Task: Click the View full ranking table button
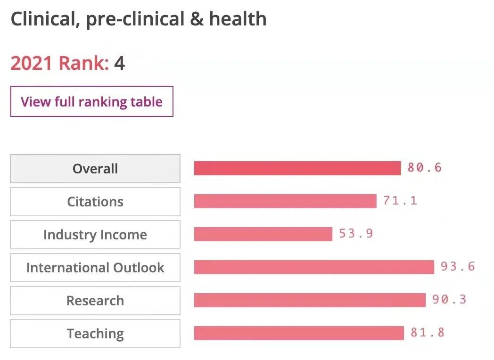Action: point(91,101)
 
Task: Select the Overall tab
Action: point(95,169)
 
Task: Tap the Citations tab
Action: point(95,202)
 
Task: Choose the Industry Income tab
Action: point(95,235)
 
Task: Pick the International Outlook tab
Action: point(95,268)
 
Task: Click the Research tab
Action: point(95,301)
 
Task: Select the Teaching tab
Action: point(95,334)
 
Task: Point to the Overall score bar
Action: point(297,168)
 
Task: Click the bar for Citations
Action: point(285,201)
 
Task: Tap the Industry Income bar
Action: point(263,234)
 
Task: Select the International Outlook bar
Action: point(314,267)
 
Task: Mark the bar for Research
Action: point(310,300)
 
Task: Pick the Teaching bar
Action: point(299,333)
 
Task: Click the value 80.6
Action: point(425,168)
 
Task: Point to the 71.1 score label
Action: point(400,201)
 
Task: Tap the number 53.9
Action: point(356,234)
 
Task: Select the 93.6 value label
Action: point(458,267)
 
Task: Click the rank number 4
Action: point(119,63)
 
